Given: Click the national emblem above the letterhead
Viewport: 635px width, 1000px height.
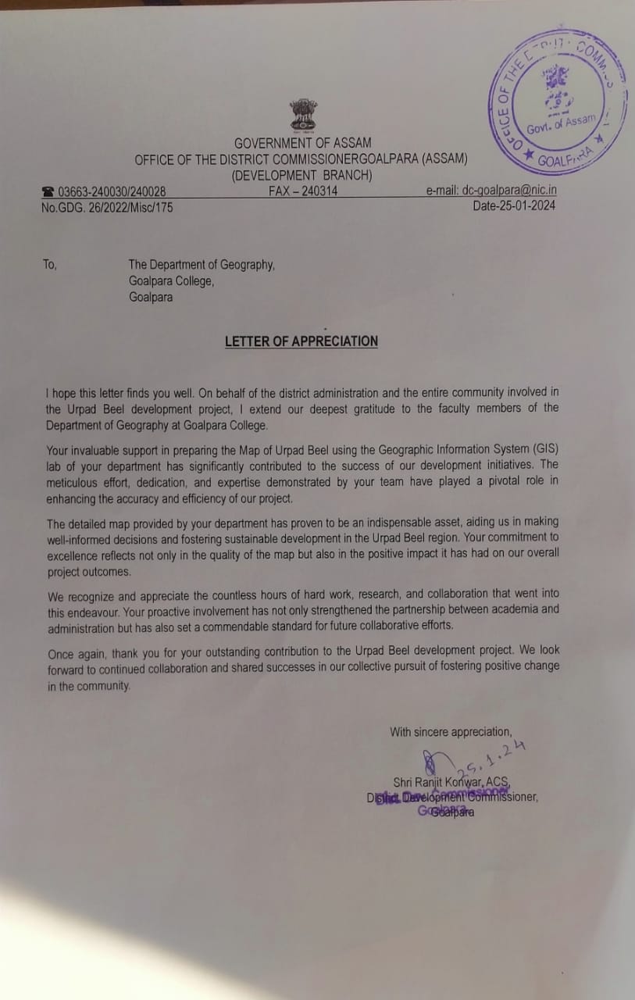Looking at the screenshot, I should pos(304,114).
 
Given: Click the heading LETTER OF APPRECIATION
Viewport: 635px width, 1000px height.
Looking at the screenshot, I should pos(301,341).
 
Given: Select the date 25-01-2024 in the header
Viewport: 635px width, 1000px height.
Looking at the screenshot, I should pos(514,207).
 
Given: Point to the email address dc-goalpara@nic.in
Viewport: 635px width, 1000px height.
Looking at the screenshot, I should pos(491,191).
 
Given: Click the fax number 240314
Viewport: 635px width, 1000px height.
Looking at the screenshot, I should pos(303,191).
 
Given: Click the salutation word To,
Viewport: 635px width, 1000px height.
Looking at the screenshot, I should pos(50,265).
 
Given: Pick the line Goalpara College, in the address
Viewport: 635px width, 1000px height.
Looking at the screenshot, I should pos(171,281).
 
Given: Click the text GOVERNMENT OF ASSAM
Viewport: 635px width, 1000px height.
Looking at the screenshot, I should pos(303,143).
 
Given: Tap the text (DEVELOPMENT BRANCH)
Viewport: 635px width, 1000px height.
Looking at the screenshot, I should pos(302,175).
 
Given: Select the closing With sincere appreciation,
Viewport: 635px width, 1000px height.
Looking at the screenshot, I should pos(451,732).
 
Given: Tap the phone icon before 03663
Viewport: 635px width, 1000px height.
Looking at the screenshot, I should pos(48,191).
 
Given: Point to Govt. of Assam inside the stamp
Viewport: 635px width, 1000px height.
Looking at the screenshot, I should pos(560,123).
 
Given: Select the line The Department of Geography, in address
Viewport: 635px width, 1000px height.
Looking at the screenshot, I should pos(202,265).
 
